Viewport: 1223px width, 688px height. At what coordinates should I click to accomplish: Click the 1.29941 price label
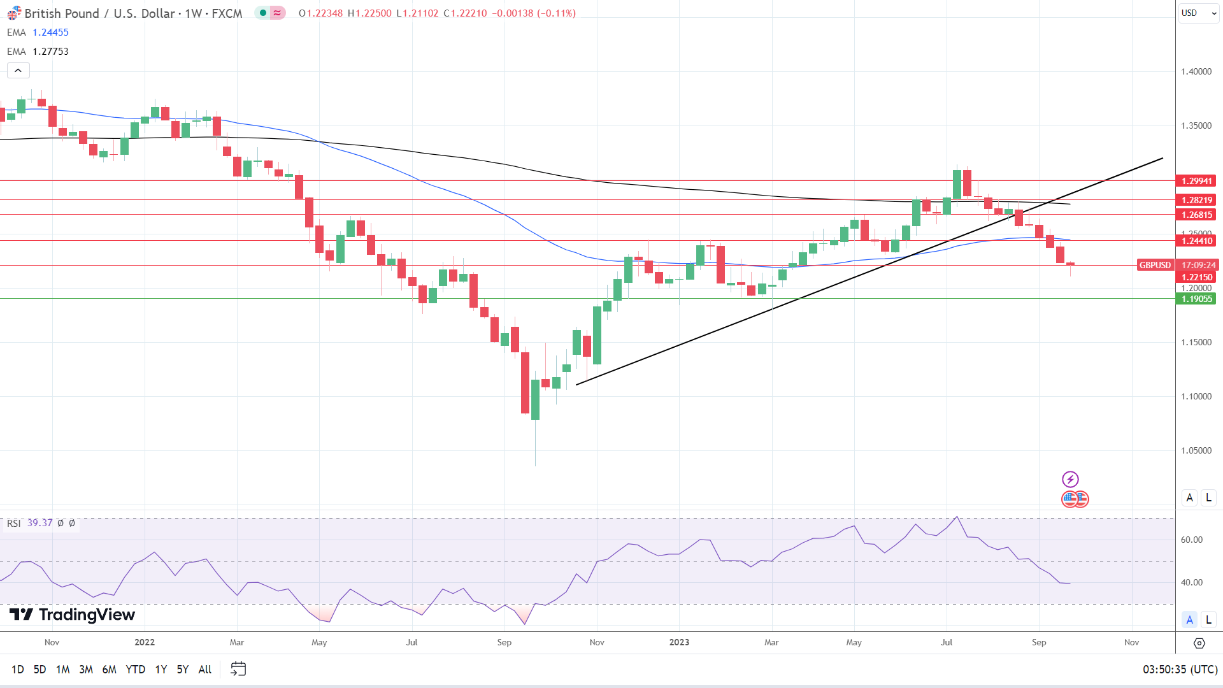click(1196, 181)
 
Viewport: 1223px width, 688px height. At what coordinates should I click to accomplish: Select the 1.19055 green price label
click(1196, 299)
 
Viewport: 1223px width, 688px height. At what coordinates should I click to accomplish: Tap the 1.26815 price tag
click(1196, 215)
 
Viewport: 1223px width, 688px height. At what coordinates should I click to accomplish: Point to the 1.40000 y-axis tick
click(1196, 71)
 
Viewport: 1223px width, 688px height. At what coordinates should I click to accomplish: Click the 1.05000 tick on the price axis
click(1196, 450)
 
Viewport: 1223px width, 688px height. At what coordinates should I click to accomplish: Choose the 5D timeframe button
click(39, 669)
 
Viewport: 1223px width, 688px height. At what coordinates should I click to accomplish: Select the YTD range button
click(135, 669)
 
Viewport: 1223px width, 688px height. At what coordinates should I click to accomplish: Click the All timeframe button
click(204, 669)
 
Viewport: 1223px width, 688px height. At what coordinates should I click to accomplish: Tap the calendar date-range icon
click(238, 669)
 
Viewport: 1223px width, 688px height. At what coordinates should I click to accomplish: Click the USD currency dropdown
click(1197, 13)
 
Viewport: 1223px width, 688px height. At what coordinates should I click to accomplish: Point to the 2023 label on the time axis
click(679, 642)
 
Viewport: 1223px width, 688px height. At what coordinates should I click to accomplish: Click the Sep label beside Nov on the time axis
click(1039, 642)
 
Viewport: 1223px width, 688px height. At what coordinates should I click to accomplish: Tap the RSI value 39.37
click(39, 523)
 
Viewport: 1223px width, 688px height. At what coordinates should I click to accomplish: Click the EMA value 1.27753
click(50, 52)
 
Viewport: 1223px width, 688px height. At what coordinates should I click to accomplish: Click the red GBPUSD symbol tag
click(1155, 265)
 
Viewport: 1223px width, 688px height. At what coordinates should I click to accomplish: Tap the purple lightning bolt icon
click(1070, 479)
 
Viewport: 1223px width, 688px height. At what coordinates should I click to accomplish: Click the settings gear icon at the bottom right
click(1199, 643)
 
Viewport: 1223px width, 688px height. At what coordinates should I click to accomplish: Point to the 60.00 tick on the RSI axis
click(1191, 540)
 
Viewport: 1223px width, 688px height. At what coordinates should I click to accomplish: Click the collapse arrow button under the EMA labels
click(18, 71)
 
